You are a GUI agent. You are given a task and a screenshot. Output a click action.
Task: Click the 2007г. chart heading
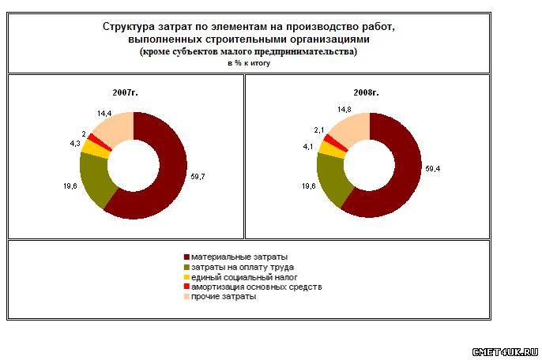[126, 92]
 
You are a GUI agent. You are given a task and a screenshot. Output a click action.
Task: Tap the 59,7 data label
[198, 177]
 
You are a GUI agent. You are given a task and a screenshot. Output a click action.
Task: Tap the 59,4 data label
[432, 168]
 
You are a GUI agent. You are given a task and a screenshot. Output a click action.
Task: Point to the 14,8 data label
[344, 110]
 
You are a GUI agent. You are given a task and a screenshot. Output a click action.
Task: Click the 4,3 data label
[74, 144]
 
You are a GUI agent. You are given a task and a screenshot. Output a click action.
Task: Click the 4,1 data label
[310, 146]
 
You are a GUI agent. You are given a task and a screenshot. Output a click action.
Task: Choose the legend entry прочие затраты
[224, 296]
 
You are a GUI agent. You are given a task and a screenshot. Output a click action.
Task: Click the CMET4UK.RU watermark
[504, 351]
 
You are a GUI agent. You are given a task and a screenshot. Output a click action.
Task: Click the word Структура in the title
[131, 26]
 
